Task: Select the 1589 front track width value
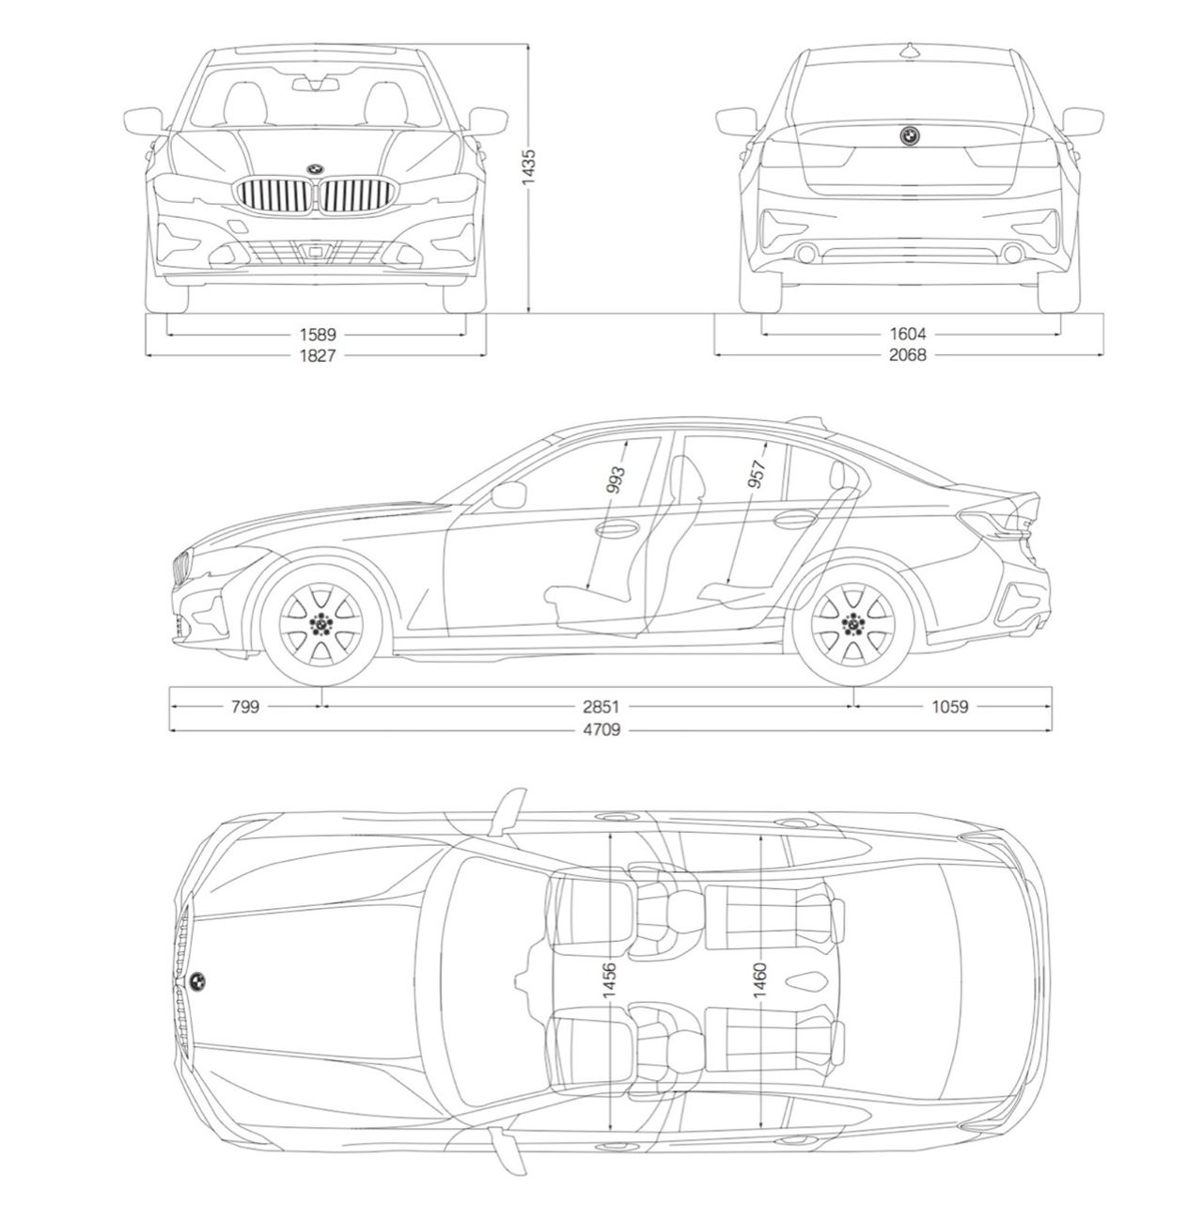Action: (x=318, y=334)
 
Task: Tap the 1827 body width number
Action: (x=318, y=355)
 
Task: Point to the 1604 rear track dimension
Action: (x=909, y=334)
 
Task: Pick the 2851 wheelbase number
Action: (x=604, y=707)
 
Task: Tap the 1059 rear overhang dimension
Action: (x=949, y=707)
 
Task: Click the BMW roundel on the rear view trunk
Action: (x=910, y=135)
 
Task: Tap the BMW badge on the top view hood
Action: (x=197, y=981)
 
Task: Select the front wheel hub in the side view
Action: (x=321, y=622)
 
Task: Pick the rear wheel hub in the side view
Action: (x=853, y=622)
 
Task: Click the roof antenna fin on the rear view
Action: (x=910, y=50)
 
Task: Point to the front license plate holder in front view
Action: (x=317, y=251)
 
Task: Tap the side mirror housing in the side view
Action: (x=508, y=495)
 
